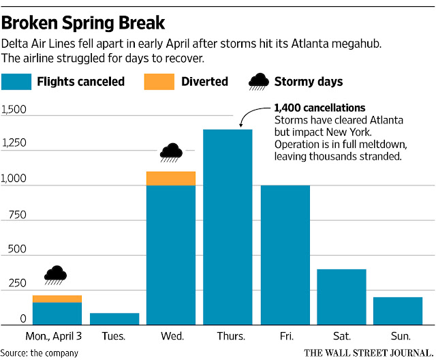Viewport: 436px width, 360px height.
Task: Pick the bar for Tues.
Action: click(114, 318)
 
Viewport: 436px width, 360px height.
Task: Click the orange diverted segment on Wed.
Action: click(171, 178)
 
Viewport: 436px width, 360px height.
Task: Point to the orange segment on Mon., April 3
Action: click(57, 299)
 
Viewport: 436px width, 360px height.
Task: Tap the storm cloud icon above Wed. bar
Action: click(171, 151)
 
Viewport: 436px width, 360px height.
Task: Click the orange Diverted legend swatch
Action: click(158, 82)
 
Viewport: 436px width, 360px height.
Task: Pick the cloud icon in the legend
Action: click(258, 82)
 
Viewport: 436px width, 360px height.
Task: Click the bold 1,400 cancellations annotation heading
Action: click(319, 108)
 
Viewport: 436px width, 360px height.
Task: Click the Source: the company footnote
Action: click(40, 352)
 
